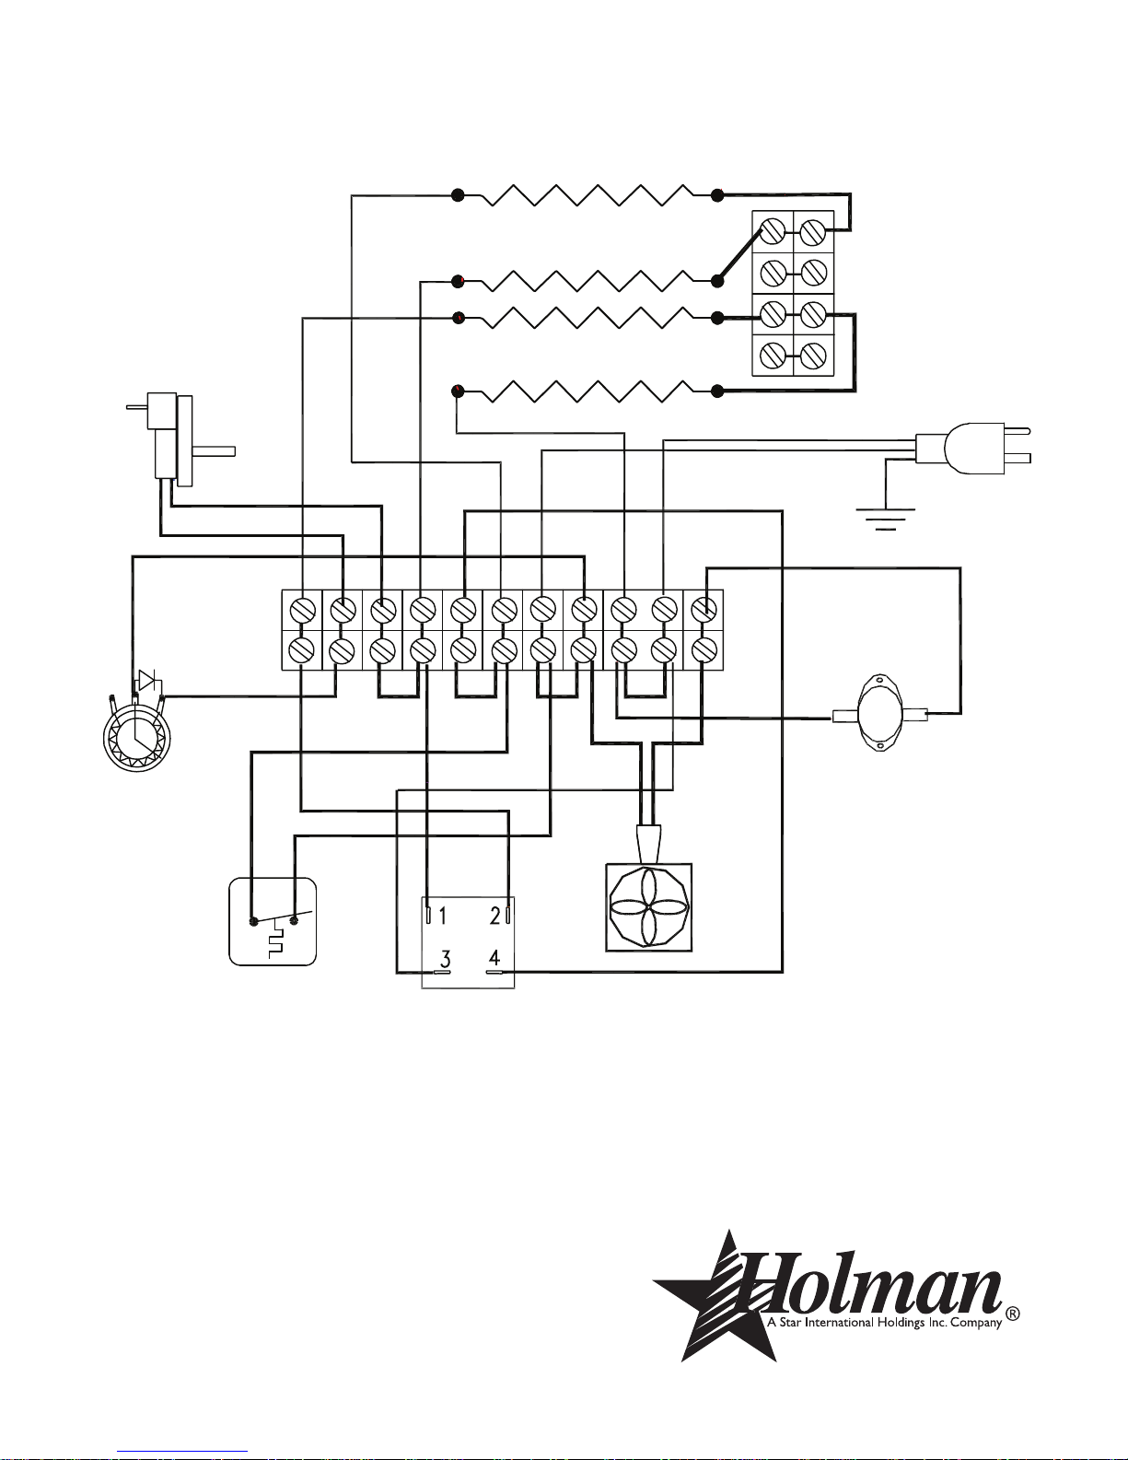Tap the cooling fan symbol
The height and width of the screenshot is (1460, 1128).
(x=649, y=907)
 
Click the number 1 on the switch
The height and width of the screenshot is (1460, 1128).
(x=442, y=916)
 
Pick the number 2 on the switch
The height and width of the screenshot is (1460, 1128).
(x=494, y=916)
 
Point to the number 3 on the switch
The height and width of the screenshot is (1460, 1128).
(x=445, y=959)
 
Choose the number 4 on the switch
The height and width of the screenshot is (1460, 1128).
(x=494, y=958)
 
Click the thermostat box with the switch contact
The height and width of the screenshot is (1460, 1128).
(x=273, y=921)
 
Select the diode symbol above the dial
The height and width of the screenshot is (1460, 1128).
(x=145, y=681)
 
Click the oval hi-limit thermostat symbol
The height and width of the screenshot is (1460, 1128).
(x=879, y=713)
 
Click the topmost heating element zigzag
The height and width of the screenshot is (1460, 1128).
(x=588, y=195)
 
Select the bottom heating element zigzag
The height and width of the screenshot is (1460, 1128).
(x=588, y=391)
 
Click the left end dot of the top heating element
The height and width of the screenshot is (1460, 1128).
(x=458, y=195)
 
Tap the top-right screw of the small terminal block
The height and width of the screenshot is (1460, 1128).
(x=812, y=232)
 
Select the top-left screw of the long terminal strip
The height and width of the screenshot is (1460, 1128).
(x=303, y=610)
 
